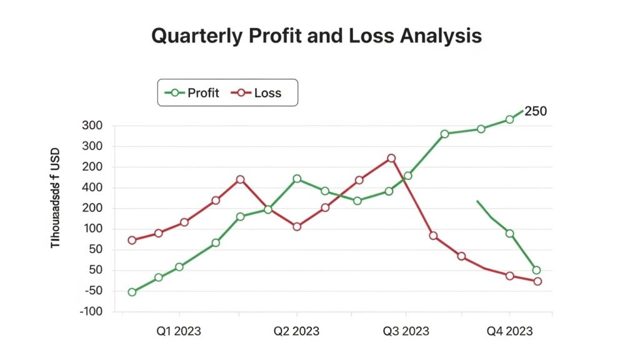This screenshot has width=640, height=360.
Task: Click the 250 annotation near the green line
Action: (x=536, y=111)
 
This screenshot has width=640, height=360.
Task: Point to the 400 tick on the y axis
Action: (x=91, y=187)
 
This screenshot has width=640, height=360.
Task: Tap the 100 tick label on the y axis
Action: (x=91, y=229)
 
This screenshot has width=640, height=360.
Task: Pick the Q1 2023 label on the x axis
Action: (x=179, y=331)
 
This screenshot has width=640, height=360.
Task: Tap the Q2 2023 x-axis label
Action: (x=296, y=331)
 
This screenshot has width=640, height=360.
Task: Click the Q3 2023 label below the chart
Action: (x=406, y=331)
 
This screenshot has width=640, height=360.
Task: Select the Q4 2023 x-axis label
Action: (x=509, y=331)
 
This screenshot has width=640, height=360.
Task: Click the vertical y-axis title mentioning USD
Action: (x=55, y=197)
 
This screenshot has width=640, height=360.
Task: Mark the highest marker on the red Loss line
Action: (x=391, y=158)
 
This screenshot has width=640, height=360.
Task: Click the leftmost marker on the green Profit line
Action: (x=132, y=292)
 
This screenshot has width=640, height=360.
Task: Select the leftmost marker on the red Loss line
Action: (x=132, y=240)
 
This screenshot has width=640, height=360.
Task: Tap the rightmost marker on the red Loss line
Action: (x=537, y=281)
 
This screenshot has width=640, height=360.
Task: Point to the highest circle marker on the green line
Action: (x=509, y=119)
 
